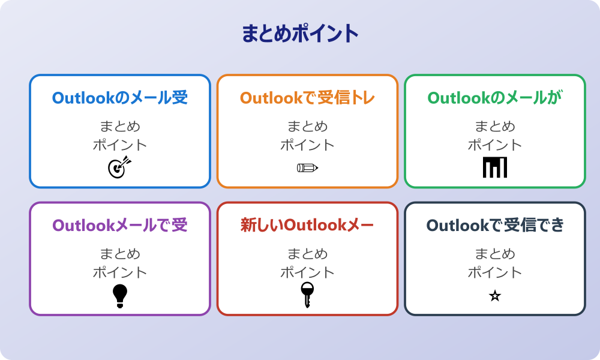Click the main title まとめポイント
click(x=300, y=34)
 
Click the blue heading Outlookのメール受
click(x=120, y=98)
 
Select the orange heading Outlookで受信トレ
click(x=307, y=98)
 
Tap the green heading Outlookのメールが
click(x=495, y=98)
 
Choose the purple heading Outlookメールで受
click(x=120, y=226)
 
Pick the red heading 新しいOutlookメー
click(x=307, y=226)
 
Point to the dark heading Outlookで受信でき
click(x=495, y=226)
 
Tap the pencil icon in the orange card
click(x=307, y=167)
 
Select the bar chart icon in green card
click(x=495, y=167)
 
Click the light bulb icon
click(x=120, y=295)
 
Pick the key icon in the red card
click(x=307, y=295)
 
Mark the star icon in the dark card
click(x=495, y=296)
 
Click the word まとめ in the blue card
click(x=120, y=127)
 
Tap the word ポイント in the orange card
click(x=307, y=145)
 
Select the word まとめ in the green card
click(x=495, y=127)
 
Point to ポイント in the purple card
click(x=120, y=272)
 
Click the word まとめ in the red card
click(x=307, y=254)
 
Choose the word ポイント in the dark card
click(x=495, y=272)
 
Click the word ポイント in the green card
click(x=495, y=145)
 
